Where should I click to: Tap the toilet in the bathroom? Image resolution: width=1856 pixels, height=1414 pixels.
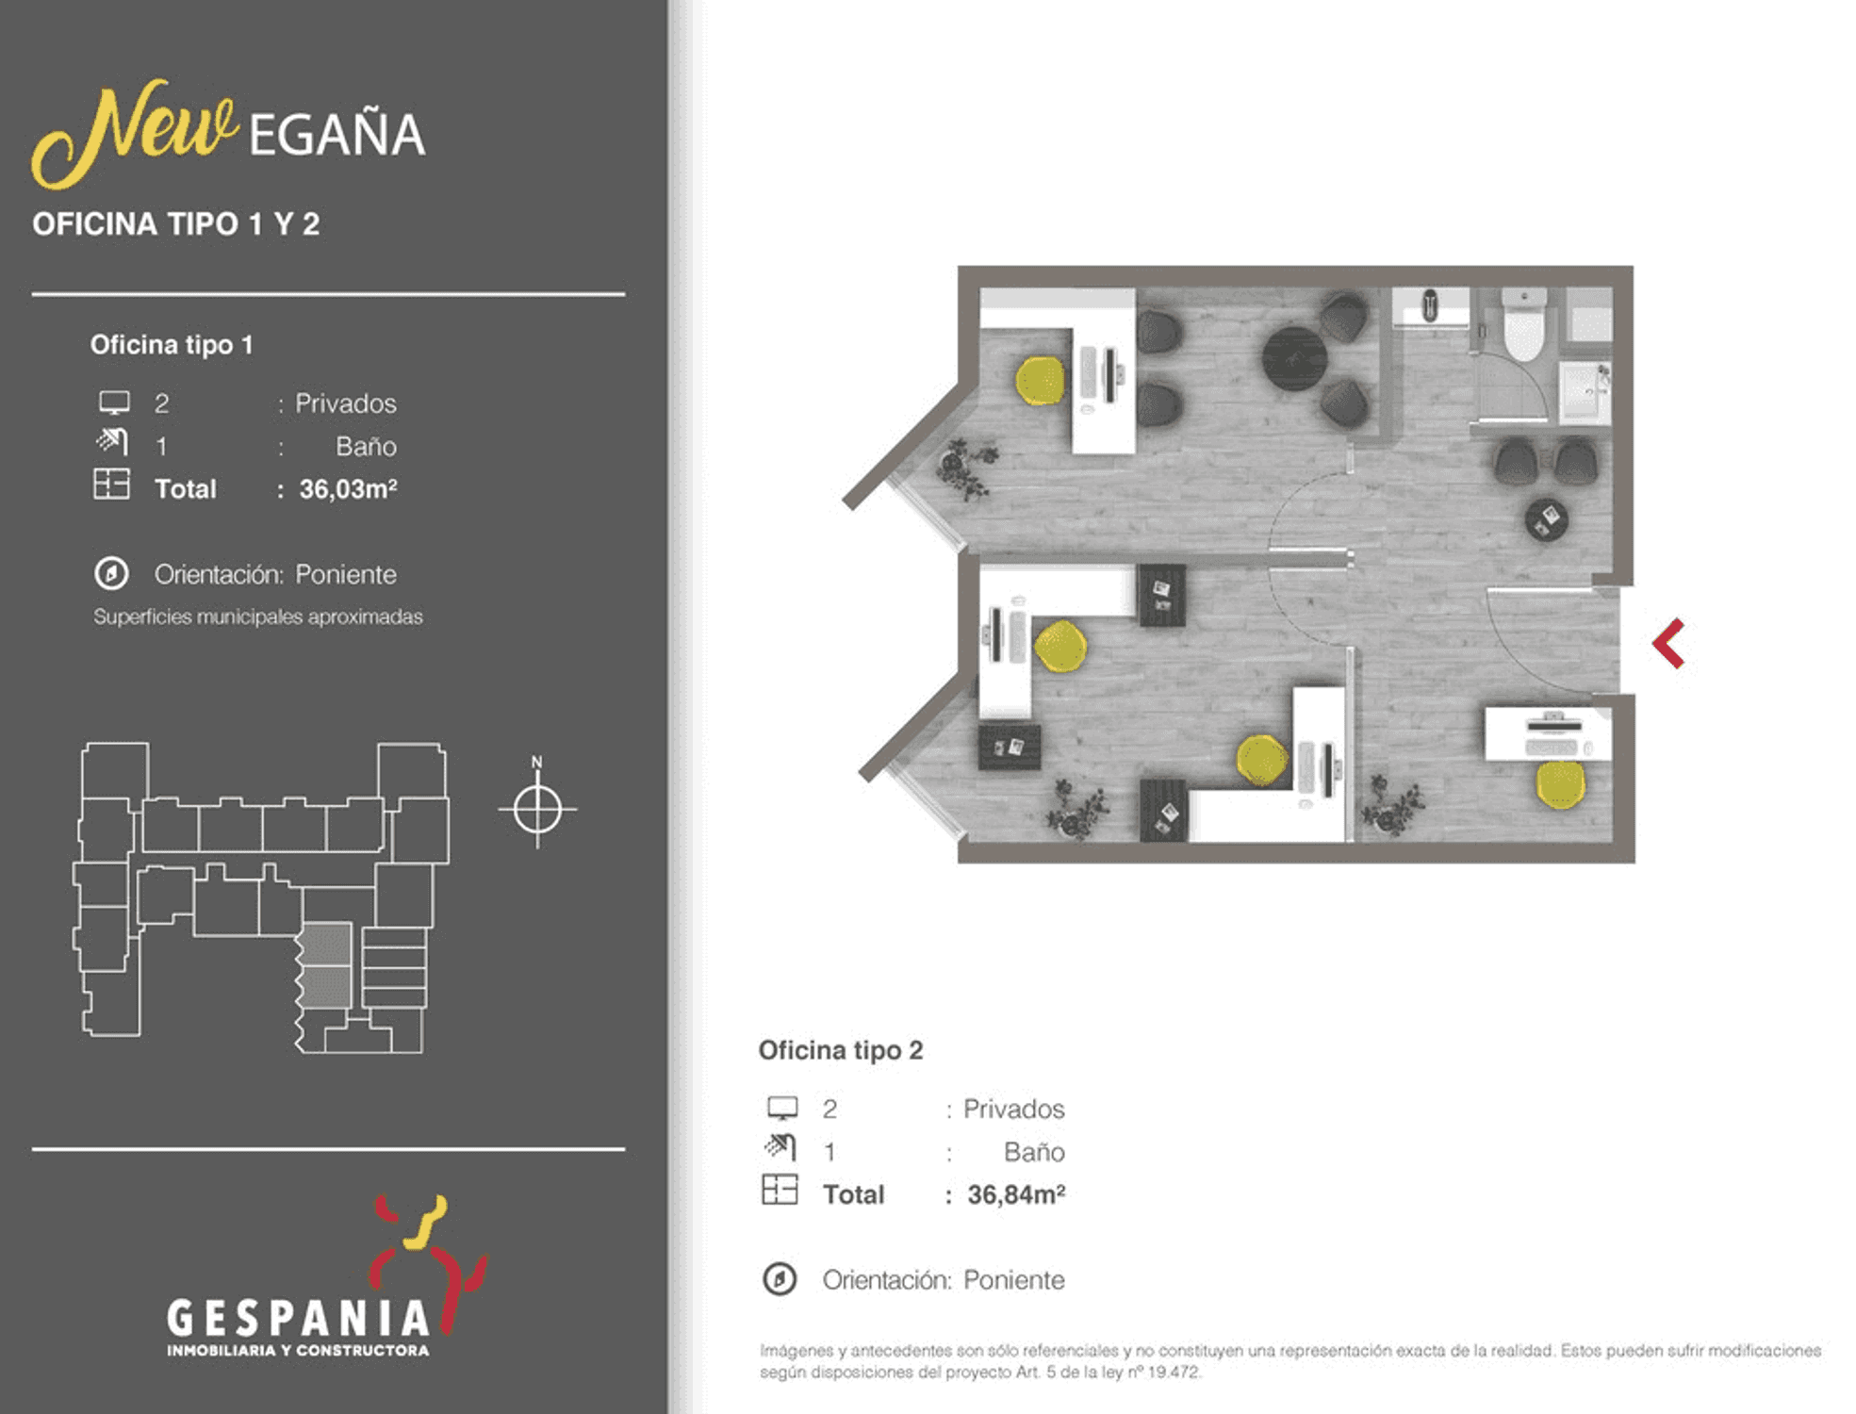tap(1522, 323)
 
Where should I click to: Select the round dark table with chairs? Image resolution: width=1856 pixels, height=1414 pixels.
tap(1294, 358)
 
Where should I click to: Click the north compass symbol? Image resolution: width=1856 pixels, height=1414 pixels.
tap(537, 807)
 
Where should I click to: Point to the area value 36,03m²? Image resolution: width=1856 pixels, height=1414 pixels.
tap(348, 489)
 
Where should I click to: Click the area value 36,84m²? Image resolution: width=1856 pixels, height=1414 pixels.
tap(1016, 1194)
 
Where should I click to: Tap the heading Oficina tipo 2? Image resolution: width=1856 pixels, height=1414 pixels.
tap(841, 1050)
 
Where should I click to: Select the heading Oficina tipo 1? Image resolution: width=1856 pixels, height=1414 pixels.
tap(172, 345)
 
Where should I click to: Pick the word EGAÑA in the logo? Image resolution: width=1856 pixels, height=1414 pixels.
tap(337, 135)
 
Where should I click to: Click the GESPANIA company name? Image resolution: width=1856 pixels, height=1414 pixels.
tap(298, 1318)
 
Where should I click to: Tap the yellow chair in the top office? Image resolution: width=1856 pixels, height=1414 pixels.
tap(1040, 381)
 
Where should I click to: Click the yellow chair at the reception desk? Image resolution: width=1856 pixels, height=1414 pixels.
tap(1560, 784)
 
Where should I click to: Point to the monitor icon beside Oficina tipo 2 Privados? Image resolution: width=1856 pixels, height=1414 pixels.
tap(782, 1108)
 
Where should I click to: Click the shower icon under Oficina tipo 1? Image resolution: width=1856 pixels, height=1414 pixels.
tap(111, 441)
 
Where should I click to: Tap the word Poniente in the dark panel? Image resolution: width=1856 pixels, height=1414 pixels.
tap(346, 574)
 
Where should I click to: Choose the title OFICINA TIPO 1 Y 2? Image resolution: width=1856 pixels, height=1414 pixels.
tap(176, 224)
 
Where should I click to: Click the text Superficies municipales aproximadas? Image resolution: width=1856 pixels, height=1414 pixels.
tap(258, 617)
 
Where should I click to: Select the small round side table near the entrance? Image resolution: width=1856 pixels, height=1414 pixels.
tap(1546, 519)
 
